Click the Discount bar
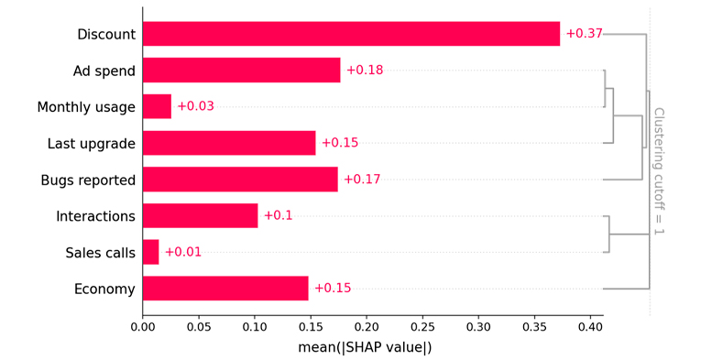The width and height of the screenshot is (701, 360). click(x=351, y=34)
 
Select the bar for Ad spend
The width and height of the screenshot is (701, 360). click(x=241, y=71)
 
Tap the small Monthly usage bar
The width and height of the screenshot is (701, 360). click(x=157, y=106)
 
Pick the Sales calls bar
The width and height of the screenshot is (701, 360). click(x=150, y=252)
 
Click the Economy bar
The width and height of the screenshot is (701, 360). click(x=225, y=288)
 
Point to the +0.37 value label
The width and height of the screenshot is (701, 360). click(x=585, y=34)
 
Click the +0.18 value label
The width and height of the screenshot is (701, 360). click(x=365, y=71)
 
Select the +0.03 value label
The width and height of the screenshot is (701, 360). click(x=195, y=106)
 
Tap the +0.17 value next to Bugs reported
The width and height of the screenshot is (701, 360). click(x=362, y=180)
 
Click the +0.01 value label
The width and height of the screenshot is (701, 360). click(x=183, y=252)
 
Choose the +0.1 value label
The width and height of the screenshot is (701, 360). click(x=278, y=215)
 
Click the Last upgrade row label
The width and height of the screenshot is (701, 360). click(x=92, y=144)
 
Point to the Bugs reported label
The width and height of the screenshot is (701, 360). click(x=88, y=180)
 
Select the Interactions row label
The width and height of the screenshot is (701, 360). click(x=95, y=216)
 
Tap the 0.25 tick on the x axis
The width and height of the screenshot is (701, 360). click(x=422, y=327)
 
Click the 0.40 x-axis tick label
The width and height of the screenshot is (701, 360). click(x=590, y=327)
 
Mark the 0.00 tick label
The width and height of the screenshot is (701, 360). click(x=143, y=327)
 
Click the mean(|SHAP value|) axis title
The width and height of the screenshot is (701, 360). click(x=365, y=347)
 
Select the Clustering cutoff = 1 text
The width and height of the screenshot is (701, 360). click(x=659, y=171)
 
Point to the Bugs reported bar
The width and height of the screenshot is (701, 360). click(x=240, y=180)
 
